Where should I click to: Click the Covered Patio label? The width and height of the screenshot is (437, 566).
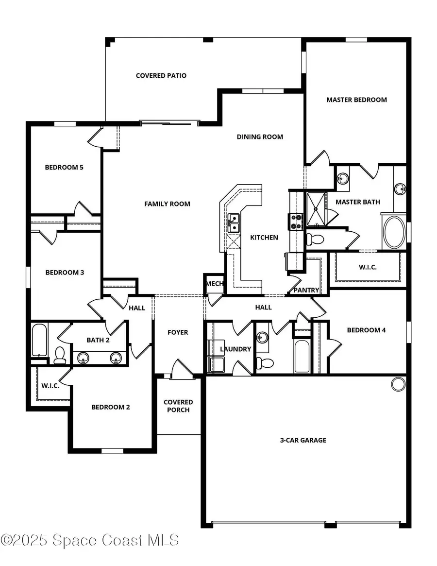pyautogui.click(x=161, y=76)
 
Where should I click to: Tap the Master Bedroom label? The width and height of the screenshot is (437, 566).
pyautogui.click(x=356, y=100)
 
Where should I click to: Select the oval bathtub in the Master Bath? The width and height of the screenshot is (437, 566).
pyautogui.click(x=394, y=232)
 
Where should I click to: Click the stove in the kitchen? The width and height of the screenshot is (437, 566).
pyautogui.click(x=296, y=222)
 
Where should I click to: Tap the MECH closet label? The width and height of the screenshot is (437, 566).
pyautogui.click(x=214, y=284)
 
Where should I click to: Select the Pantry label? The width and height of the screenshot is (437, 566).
pyautogui.click(x=306, y=290)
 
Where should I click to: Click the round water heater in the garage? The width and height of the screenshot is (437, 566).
pyautogui.click(x=398, y=384)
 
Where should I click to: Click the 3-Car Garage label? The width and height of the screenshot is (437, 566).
pyautogui.click(x=303, y=440)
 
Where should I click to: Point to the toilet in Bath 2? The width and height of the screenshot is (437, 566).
pyautogui.click(x=60, y=356)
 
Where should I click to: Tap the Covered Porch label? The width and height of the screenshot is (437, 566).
pyautogui.click(x=178, y=406)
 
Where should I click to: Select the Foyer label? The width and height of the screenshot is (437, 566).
pyautogui.click(x=178, y=332)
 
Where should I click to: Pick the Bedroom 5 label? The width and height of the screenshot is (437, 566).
pyautogui.click(x=64, y=168)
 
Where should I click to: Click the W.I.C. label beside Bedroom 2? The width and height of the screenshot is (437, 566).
pyautogui.click(x=50, y=385)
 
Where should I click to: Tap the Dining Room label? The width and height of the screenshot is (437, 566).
pyautogui.click(x=260, y=137)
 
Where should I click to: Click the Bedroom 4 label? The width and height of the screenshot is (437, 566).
pyautogui.click(x=366, y=330)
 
